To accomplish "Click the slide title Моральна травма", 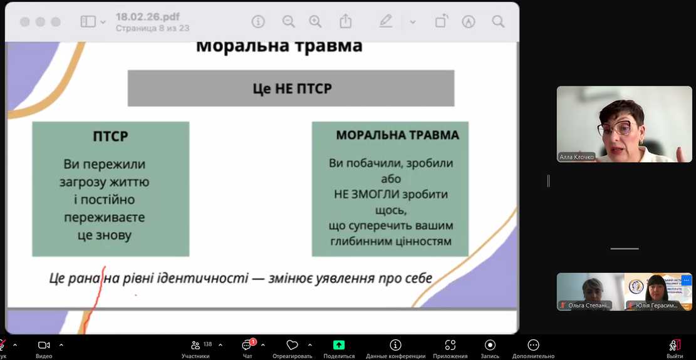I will (x=279, y=46).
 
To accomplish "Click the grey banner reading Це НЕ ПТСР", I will (x=291, y=88).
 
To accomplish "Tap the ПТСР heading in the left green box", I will (x=110, y=136).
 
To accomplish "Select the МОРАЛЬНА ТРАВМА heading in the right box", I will (x=397, y=135).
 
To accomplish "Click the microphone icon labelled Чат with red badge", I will (x=247, y=345).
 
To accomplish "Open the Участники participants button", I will (x=195, y=345).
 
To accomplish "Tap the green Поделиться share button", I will (x=339, y=345).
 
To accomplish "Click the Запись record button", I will (x=490, y=345).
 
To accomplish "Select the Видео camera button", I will (x=44, y=345).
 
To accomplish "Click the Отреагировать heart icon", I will (x=292, y=345).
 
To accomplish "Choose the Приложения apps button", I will (x=450, y=345).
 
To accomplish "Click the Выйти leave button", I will (x=674, y=346).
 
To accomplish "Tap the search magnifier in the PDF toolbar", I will (x=498, y=22).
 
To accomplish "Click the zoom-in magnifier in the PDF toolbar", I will (x=315, y=22).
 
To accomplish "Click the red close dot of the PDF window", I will (x=24, y=22).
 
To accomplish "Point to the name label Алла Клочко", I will (x=576, y=157).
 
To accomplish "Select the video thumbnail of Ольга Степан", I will (x=589, y=292).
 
